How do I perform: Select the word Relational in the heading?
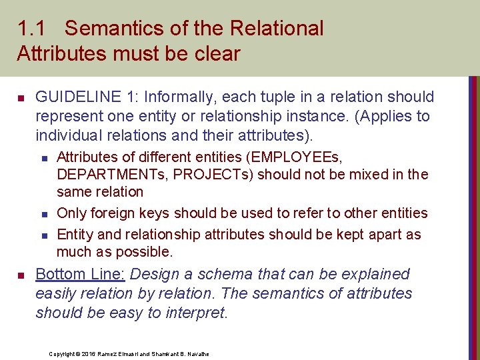pyautogui.click(x=276, y=29)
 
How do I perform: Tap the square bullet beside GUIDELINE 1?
pyautogui.click(x=21, y=98)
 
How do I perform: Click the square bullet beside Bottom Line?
pyautogui.click(x=21, y=275)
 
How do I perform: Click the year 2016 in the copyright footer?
pyautogui.click(x=89, y=353)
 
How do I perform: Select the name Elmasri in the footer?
pyautogui.click(x=127, y=353)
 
